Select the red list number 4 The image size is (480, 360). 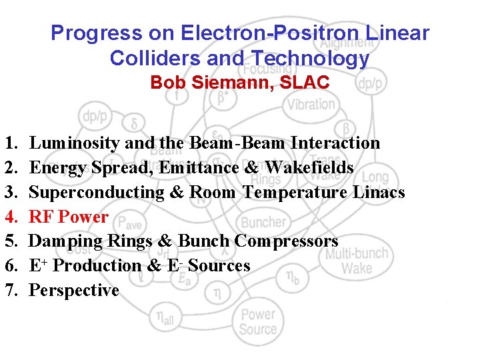(9, 217)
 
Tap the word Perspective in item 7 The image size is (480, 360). (74, 291)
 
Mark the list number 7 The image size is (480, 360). (9, 291)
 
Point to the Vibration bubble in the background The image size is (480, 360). (311, 104)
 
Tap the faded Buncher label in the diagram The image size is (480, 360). (263, 222)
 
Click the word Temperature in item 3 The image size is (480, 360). (294, 192)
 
